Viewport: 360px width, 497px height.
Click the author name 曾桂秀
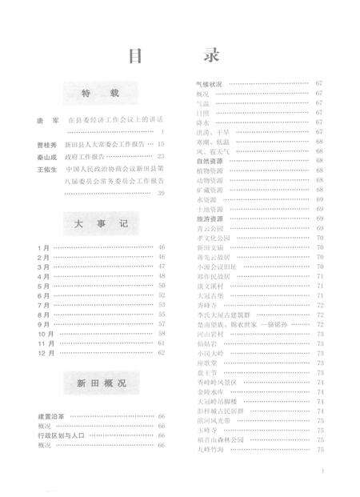pos(46,144)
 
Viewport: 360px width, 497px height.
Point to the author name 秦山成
pos(46,157)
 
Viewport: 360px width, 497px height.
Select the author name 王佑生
pos(46,170)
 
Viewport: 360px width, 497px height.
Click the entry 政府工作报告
pos(87,157)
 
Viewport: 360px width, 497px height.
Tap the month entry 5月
pos(43,285)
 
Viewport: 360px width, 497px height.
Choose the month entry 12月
pos(45,352)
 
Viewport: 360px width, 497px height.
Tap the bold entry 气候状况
pos(214,83)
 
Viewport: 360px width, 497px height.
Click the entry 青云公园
pos(210,228)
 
